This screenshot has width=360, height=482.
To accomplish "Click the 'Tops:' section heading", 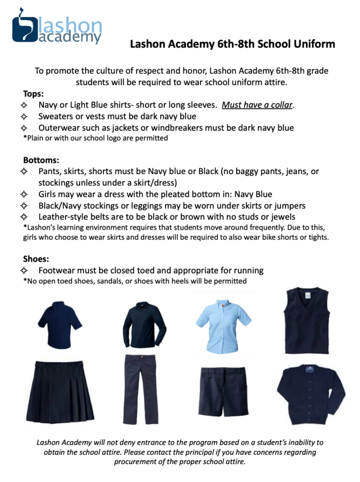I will pyautogui.click(x=33, y=93).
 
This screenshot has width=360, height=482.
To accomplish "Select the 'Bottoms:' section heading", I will pyautogui.click(x=41, y=161).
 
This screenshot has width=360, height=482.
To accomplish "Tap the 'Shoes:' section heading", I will pyautogui.click(x=36, y=259).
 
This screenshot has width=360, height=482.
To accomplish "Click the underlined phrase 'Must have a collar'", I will pyautogui.click(x=257, y=104).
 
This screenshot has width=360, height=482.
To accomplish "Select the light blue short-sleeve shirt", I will pyautogui.click(x=223, y=322).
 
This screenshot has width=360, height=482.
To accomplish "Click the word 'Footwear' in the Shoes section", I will pyautogui.click(x=59, y=271).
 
